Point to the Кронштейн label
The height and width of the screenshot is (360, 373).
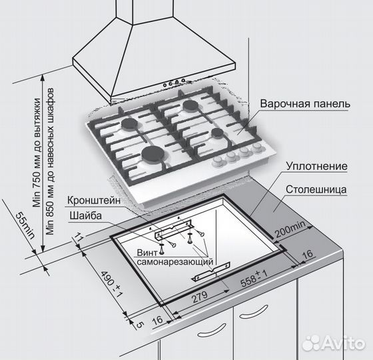(94, 200)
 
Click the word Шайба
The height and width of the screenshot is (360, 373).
(85, 215)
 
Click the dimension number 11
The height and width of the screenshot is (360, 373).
(79, 238)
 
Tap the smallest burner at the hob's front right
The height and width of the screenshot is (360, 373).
(216, 133)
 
